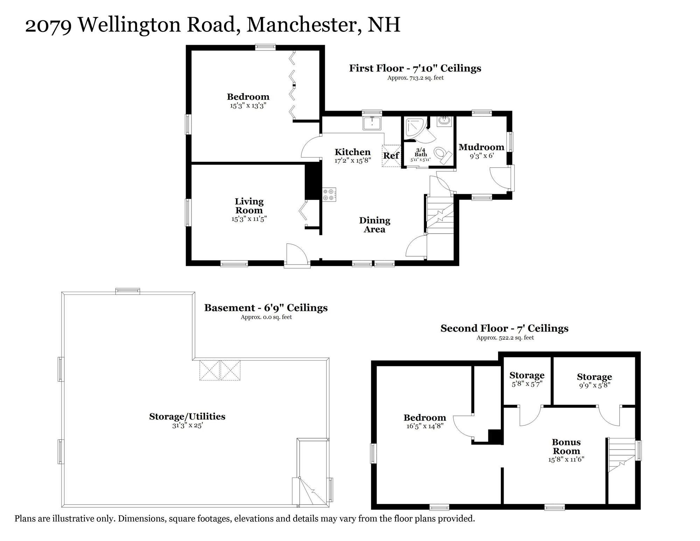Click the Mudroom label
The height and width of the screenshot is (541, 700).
(481, 147)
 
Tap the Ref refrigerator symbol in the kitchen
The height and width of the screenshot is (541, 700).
(391, 155)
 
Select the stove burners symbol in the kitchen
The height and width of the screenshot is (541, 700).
(329, 195)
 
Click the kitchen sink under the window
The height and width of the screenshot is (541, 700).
(372, 123)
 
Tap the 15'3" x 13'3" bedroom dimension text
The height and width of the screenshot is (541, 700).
(248, 105)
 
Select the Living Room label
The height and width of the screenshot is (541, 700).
(249, 206)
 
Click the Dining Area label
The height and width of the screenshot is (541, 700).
(374, 225)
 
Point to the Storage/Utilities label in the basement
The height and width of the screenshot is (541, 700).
(187, 416)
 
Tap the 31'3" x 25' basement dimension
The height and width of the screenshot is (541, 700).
(187, 426)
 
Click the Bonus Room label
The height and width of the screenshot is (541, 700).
(566, 446)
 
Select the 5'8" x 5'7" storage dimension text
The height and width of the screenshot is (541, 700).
(527, 384)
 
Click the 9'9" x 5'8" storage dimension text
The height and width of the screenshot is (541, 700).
(594, 385)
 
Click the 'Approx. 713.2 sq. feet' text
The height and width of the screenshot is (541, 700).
(415, 78)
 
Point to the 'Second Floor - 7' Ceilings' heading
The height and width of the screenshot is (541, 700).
(504, 328)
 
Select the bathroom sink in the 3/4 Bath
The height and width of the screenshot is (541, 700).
(445, 122)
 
